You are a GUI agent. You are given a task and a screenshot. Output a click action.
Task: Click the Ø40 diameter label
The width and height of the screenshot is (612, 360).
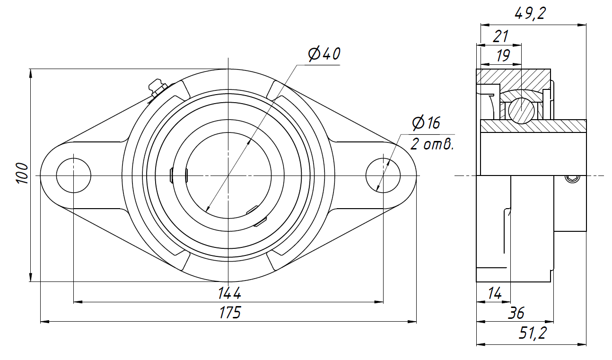point(324,54)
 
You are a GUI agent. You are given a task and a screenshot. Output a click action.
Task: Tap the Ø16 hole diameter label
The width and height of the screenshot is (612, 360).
point(426,123)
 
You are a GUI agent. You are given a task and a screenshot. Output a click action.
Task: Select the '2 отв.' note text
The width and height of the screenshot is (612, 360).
point(432,144)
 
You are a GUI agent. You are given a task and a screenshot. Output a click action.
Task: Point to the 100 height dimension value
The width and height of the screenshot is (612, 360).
point(22,173)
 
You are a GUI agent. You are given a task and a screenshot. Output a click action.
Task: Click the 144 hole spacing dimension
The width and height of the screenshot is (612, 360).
point(229,293)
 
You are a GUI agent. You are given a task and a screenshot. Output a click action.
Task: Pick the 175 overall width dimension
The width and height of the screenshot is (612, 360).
point(230,312)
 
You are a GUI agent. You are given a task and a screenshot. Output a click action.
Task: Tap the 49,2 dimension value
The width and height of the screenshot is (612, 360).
point(530,13)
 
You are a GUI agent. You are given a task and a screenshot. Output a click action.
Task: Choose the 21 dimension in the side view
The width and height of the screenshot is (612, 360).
point(500,36)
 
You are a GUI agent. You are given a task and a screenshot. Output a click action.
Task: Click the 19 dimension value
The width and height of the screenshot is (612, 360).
point(503,55)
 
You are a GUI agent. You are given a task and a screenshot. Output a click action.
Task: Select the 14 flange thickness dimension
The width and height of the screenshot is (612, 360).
point(495,294)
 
